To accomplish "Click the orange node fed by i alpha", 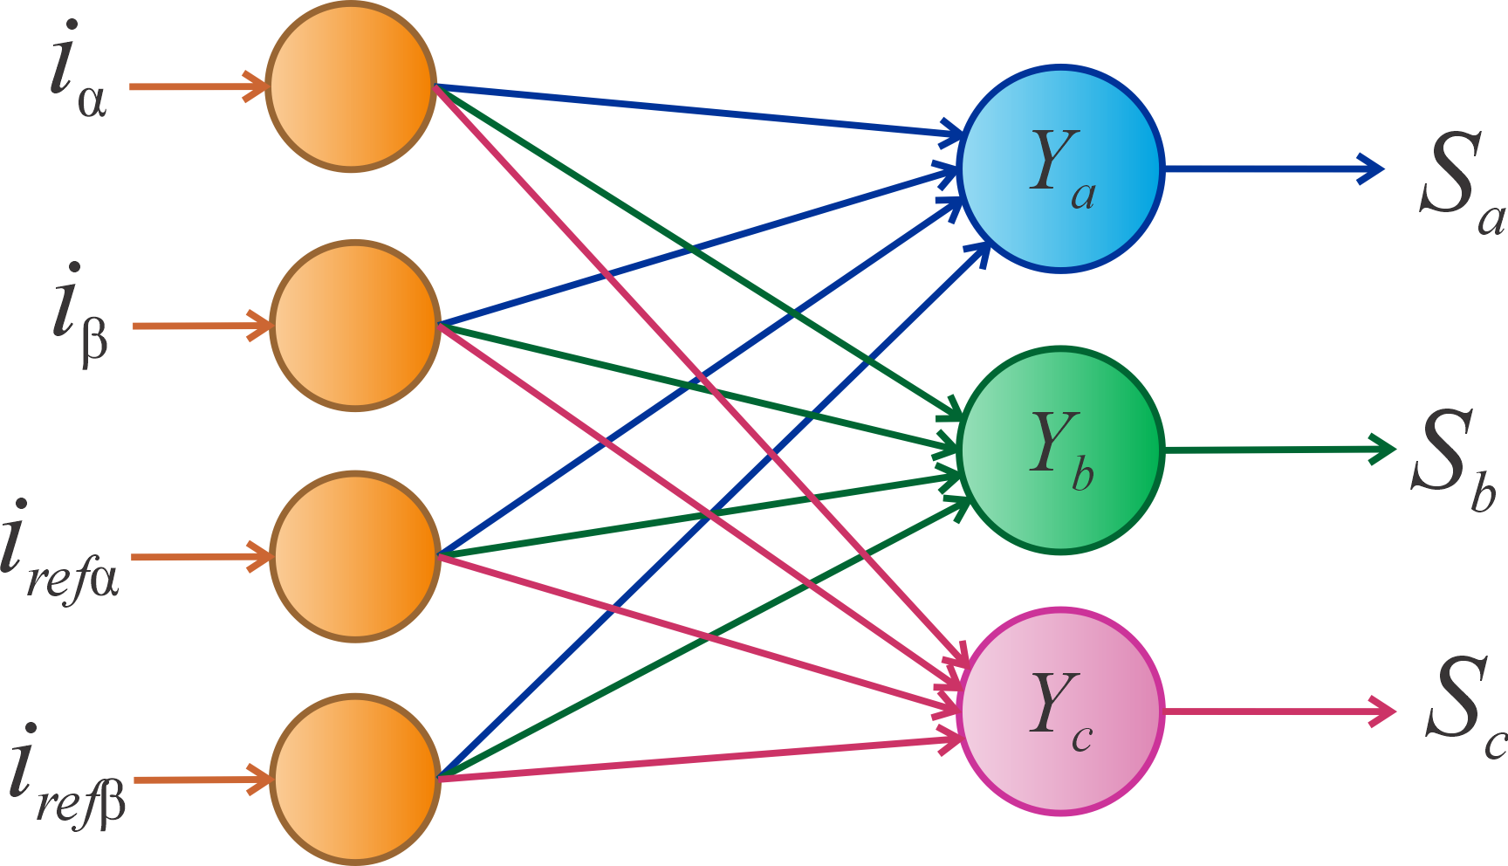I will pyautogui.click(x=351, y=86).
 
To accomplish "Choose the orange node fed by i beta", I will pyautogui.click(x=354, y=326).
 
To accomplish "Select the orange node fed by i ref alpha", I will pyautogui.click(x=354, y=556).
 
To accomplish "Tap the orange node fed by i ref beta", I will pyautogui.click(x=354, y=779).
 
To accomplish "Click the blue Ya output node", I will pyautogui.click(x=1060, y=168).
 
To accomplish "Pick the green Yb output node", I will pyautogui.click(x=1060, y=450).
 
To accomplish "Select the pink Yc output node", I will pyautogui.click(x=1060, y=711).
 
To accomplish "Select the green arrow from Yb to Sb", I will pyautogui.click(x=1278, y=450).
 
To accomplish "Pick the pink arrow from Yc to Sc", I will pyautogui.click(x=1278, y=711).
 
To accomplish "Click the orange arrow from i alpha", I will pyautogui.click(x=197, y=86).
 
